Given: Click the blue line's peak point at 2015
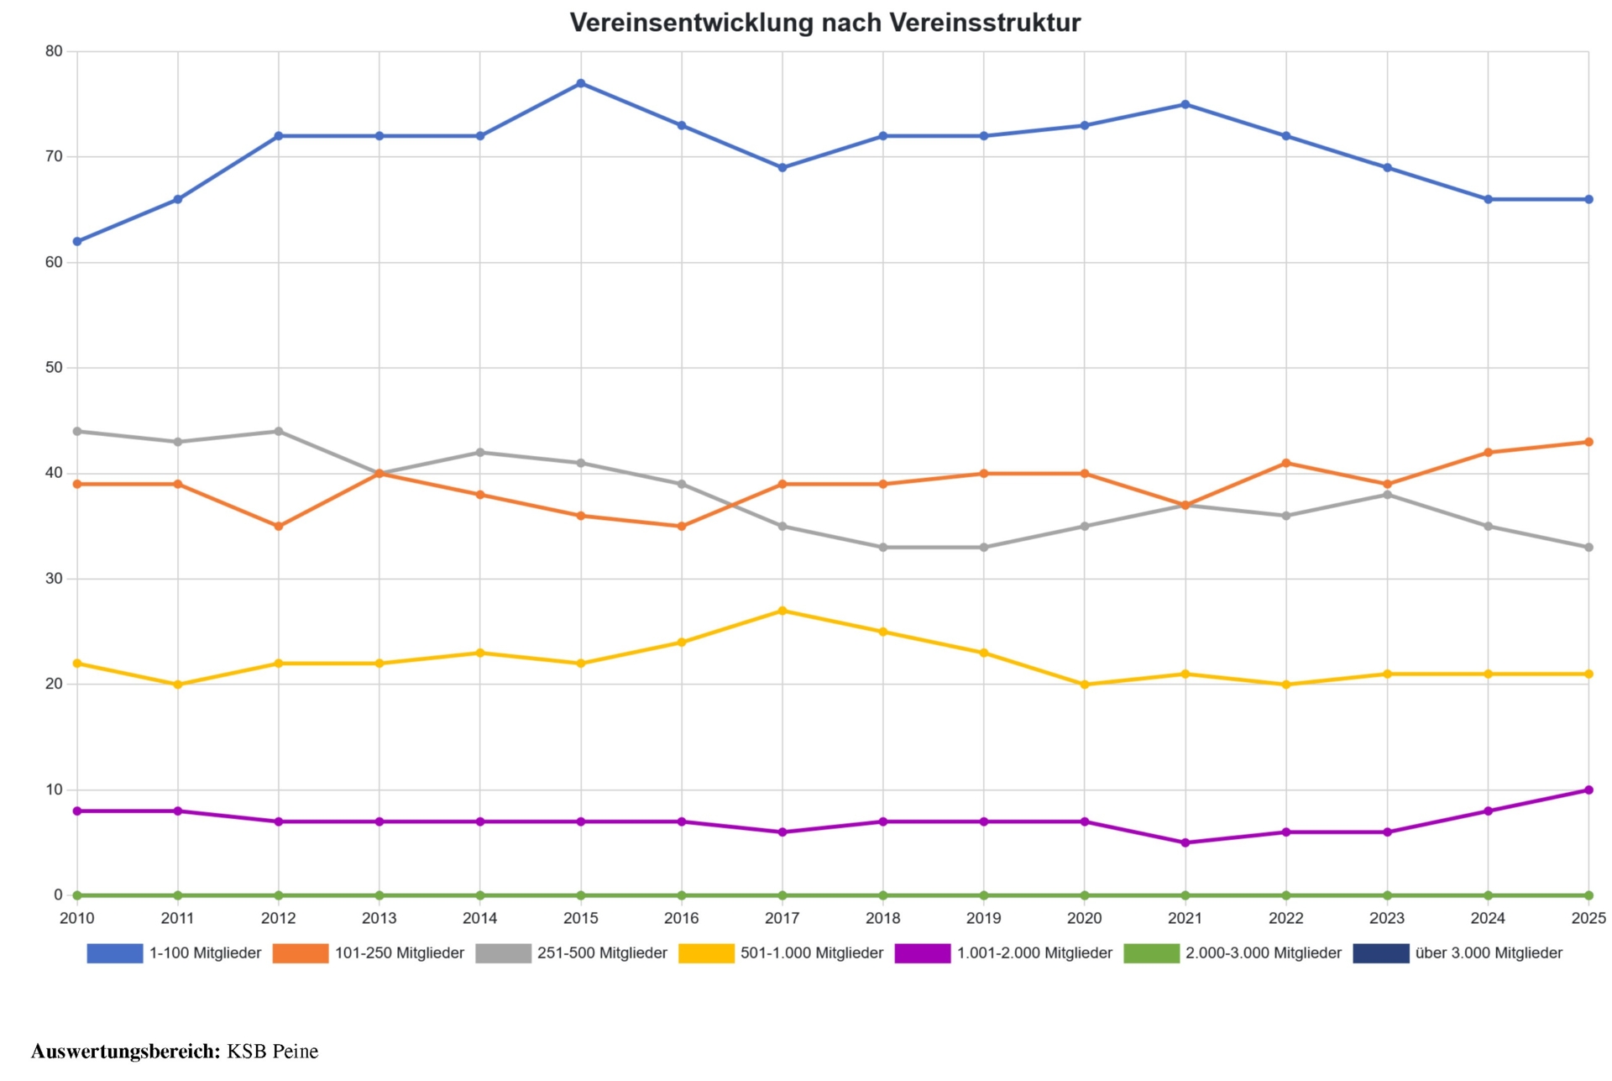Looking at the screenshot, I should tap(581, 84).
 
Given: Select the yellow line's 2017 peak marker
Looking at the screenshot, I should tap(782, 611).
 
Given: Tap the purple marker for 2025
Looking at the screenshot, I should tap(1588, 790).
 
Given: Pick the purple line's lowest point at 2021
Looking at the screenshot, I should tap(1185, 843).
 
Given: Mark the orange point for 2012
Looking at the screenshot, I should tap(279, 527).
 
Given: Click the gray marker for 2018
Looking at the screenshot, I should tap(883, 548).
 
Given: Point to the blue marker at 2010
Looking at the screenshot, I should tap(77, 242).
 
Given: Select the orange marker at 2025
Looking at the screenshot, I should tap(1588, 443).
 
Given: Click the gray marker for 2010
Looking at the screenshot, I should tap(77, 432).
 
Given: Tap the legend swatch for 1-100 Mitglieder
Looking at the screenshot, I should tap(115, 953).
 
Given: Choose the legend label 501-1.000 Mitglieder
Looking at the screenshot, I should tap(811, 953).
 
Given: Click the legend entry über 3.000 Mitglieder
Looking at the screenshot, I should tap(1488, 953).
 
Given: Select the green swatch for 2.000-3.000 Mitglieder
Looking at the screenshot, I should tap(1151, 953).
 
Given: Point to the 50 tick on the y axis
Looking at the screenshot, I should tap(55, 368).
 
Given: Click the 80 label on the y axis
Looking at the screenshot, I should tap(55, 51).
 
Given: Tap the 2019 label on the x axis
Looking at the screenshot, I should tap(983, 919).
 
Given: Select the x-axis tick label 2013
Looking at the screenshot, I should tap(379, 919).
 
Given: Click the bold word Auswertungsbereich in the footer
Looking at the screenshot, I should tap(125, 1052).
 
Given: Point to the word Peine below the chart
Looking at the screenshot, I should tap(296, 1052).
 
